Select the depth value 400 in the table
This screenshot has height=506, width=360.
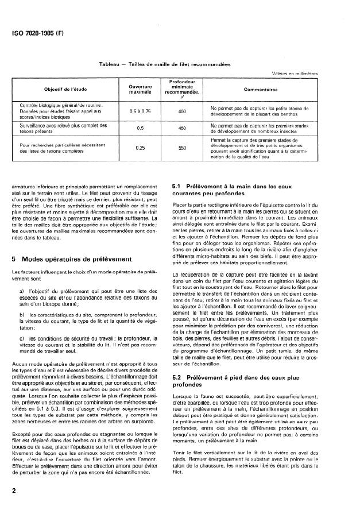coord(183,111)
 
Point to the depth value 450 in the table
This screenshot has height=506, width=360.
coord(183,129)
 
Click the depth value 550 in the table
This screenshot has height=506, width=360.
coord(183,148)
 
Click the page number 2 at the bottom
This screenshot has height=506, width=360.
coord(13,491)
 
